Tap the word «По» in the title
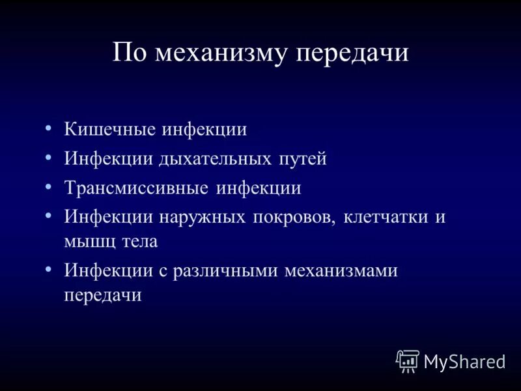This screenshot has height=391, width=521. (x=128, y=53)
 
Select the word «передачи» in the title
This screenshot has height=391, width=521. (x=352, y=53)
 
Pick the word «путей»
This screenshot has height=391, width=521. (x=303, y=159)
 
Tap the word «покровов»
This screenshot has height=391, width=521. (x=294, y=218)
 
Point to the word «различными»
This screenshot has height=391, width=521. (x=226, y=270)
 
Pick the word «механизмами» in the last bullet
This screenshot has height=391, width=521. (x=341, y=270)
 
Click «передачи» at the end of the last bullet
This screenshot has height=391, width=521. (x=103, y=295)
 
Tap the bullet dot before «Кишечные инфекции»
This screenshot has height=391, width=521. (x=49, y=126)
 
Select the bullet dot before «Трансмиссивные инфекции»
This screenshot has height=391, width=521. (x=49, y=186)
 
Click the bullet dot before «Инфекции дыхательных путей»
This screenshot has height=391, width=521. (x=49, y=156)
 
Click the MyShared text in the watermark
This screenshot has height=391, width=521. (x=464, y=361)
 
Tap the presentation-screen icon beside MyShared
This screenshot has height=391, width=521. (x=408, y=360)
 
